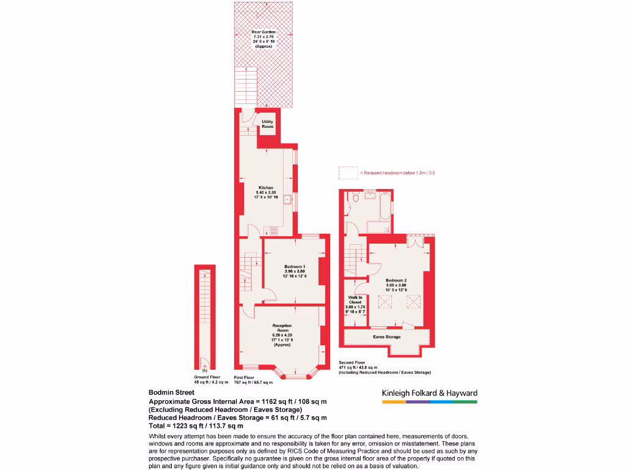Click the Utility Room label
[267, 124]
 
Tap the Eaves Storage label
[387, 337]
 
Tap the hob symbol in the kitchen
[273, 231]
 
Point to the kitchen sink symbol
[285, 198]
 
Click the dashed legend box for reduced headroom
[348, 173]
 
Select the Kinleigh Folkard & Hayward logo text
[429, 393]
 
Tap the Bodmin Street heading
[172, 393]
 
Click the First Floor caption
[244, 378]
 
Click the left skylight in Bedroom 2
[386, 301]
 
